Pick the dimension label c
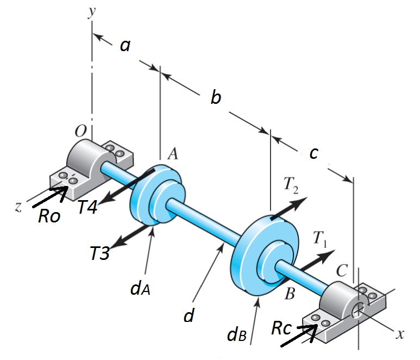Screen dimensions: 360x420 pyautogui.click(x=313, y=154)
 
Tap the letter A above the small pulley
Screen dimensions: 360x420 pyautogui.click(x=173, y=154)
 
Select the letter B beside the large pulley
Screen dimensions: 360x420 pyautogui.click(x=290, y=294)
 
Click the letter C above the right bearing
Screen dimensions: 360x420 pyautogui.click(x=341, y=270)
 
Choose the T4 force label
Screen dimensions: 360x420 pyautogui.click(x=86, y=207)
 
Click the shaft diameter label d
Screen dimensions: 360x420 pyautogui.click(x=189, y=315)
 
